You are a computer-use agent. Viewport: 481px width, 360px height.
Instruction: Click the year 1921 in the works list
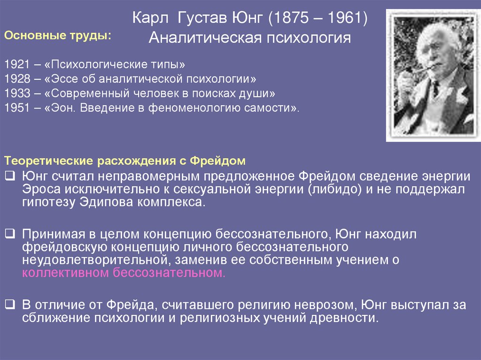point(16,63)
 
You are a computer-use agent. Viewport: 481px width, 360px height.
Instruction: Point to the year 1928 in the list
point(16,78)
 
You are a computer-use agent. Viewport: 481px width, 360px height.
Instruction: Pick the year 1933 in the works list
point(16,92)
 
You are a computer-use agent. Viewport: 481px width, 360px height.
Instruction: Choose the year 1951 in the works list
point(16,107)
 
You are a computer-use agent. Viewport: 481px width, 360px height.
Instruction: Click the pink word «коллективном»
point(66,274)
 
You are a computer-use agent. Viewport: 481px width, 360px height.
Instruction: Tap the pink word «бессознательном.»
point(170,274)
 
